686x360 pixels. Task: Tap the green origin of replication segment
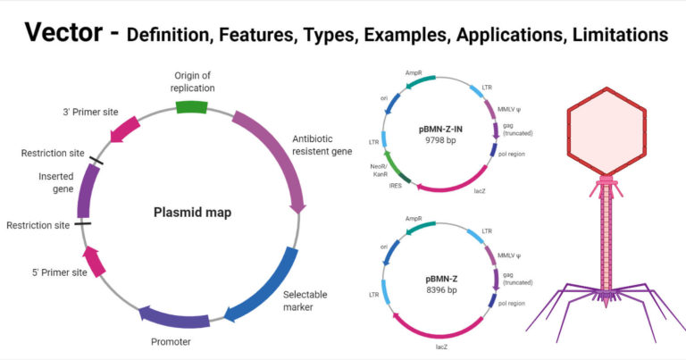pyautogui.click(x=190, y=107)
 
